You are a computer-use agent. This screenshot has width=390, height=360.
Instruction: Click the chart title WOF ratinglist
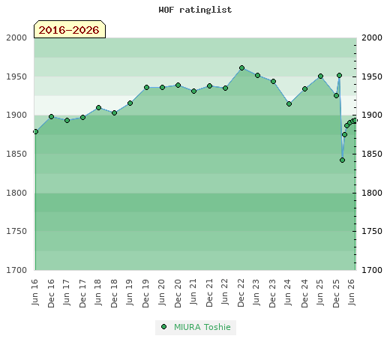coord(195,10)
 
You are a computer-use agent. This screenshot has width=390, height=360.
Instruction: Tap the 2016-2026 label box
coord(70,29)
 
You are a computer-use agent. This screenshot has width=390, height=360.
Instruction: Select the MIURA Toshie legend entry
coord(196,327)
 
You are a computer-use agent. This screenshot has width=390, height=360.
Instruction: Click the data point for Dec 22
coord(241,67)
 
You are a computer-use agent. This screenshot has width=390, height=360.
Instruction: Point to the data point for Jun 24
coord(289,103)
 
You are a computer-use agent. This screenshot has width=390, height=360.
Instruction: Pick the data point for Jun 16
coord(35,131)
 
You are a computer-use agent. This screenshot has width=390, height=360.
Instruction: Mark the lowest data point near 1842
coord(342,160)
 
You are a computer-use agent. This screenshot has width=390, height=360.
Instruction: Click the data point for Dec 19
coord(146,87)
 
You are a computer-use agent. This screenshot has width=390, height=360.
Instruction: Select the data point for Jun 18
coord(98,107)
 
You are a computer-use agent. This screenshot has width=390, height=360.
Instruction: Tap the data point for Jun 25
coord(320,76)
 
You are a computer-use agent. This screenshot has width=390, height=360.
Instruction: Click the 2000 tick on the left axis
coord(16,37)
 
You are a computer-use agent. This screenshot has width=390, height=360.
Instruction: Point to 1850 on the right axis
coord(372,154)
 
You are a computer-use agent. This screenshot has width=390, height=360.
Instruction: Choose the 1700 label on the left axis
coord(16,270)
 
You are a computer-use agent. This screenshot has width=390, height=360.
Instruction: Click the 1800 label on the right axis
coord(372,193)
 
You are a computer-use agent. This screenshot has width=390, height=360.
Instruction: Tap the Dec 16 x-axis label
coord(51,293)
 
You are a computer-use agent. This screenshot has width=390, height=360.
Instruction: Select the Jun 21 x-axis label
coord(193,292)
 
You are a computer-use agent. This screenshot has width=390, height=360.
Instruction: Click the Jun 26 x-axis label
coord(352,292)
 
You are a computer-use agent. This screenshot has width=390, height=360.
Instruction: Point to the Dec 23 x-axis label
coord(273,293)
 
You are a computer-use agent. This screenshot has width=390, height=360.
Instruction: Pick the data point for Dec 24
coord(304,88)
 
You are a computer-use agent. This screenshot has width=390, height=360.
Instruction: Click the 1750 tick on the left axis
coord(16,231)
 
